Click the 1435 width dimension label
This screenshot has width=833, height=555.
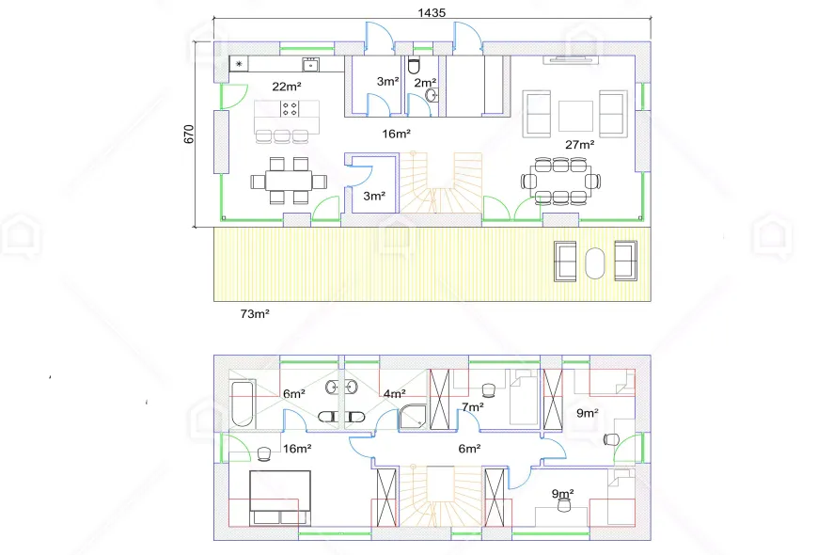point(432,12)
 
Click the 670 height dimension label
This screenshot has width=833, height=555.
point(189,134)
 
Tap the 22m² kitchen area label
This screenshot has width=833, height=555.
point(287,87)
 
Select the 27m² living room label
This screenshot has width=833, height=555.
point(579,145)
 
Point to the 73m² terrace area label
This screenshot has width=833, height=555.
point(255,313)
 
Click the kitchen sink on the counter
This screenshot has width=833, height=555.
point(311,65)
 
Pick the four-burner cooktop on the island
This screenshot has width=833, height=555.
point(290,109)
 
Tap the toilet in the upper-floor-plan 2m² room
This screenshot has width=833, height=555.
point(414,66)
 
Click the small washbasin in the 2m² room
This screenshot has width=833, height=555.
point(432,96)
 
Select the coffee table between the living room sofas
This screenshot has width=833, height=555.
point(576,116)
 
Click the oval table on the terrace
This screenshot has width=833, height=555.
point(595,262)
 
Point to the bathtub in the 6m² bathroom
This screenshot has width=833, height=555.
point(243,404)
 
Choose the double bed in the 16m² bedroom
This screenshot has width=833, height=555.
point(280,498)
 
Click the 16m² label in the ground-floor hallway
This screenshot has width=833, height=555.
point(397,134)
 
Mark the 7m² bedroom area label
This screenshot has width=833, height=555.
point(473,407)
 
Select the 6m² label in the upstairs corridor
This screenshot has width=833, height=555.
point(470,449)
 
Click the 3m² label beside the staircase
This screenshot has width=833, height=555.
point(374,197)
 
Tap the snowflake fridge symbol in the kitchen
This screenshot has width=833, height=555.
point(239,64)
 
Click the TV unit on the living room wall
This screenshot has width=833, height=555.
point(571,59)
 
